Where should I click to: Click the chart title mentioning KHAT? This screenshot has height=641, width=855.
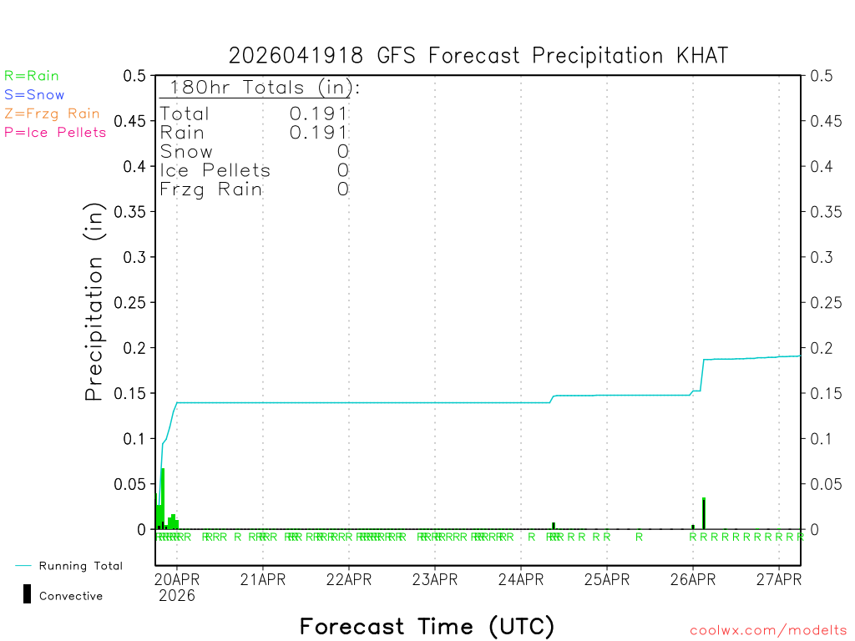tap(478, 56)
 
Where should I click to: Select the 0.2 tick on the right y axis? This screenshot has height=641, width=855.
tap(822, 347)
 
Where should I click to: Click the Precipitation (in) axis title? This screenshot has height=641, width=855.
tap(95, 302)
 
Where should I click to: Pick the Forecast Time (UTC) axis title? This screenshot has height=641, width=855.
tap(427, 626)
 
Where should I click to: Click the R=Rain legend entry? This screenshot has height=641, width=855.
tap(32, 76)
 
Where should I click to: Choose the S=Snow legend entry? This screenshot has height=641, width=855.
tap(34, 95)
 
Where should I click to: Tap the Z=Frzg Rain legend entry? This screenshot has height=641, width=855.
tap(52, 114)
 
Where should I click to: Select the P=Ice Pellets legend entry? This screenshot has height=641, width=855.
tap(55, 132)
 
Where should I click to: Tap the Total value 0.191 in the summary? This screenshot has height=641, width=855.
tap(319, 114)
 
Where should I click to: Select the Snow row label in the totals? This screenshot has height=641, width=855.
tap(186, 151)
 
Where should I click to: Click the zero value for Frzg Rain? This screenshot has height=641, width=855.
tap(342, 189)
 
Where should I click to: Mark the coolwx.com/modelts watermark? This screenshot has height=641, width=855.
tap(768, 631)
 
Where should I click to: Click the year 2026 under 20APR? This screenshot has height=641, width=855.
tap(176, 596)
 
